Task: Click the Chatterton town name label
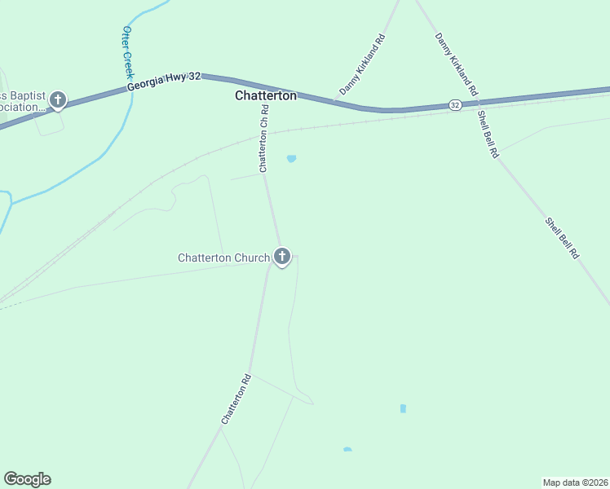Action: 266,95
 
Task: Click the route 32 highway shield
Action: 455,105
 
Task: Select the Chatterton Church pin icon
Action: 282,257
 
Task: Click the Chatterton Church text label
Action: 223,258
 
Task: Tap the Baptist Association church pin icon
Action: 57,100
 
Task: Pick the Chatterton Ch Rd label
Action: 263,139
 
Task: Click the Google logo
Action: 27,479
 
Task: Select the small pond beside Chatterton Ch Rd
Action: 291,158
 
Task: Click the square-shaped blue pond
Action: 403,408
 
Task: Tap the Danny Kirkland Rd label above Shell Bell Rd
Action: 456,64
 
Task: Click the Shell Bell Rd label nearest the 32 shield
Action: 488,134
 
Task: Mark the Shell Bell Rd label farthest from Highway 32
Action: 563,238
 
